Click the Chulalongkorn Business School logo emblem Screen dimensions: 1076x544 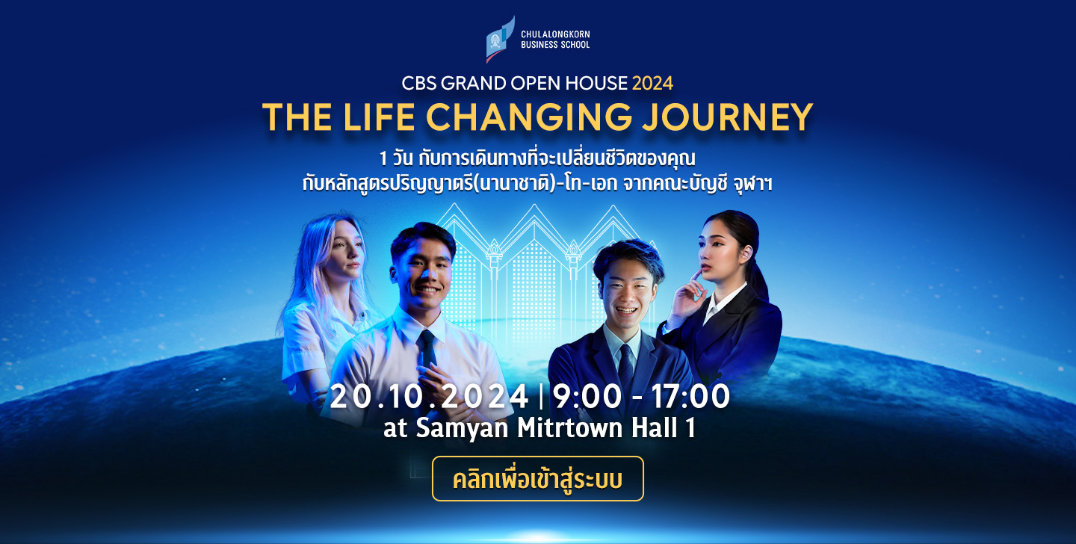pyautogui.click(x=500, y=40)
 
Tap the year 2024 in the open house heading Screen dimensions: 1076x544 pyautogui.click(x=652, y=84)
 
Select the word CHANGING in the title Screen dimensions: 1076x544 pyautogui.click(x=529, y=117)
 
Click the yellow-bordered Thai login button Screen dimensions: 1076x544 pyautogui.click(x=538, y=479)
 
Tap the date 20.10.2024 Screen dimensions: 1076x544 pyautogui.click(x=430, y=397)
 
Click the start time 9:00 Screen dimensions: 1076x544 pyautogui.click(x=587, y=397)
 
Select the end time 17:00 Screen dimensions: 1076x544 pyautogui.click(x=690, y=397)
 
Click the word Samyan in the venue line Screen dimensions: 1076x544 pyautogui.click(x=462, y=427)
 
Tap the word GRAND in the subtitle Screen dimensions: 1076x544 pyautogui.click(x=473, y=84)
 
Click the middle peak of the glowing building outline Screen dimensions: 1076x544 pyautogui.click(x=534, y=207)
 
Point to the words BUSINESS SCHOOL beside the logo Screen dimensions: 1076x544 pyautogui.click(x=555, y=45)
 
